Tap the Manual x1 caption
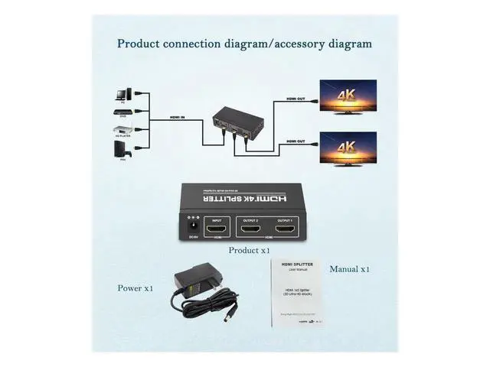click(x=350, y=269)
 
